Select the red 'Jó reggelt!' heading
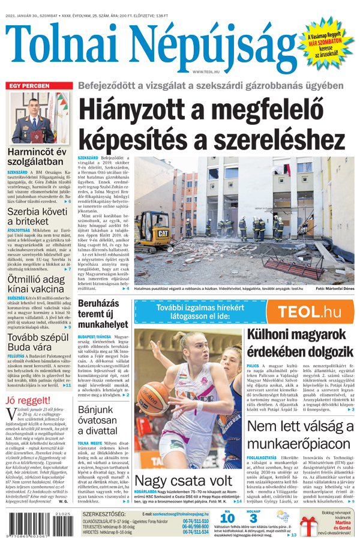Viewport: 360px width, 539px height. (28, 400)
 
